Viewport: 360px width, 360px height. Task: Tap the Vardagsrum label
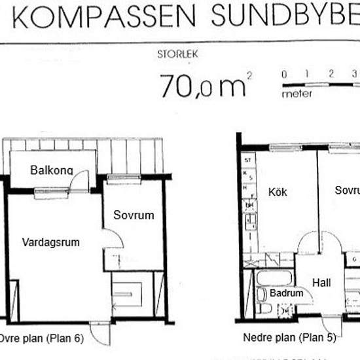(50, 242)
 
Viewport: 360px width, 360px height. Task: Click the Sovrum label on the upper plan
(133, 215)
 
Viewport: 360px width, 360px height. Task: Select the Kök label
(278, 192)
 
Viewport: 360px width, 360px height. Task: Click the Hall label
(321, 283)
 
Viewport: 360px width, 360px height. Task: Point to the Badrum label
(287, 294)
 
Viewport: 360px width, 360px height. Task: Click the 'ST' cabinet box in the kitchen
(247, 160)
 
